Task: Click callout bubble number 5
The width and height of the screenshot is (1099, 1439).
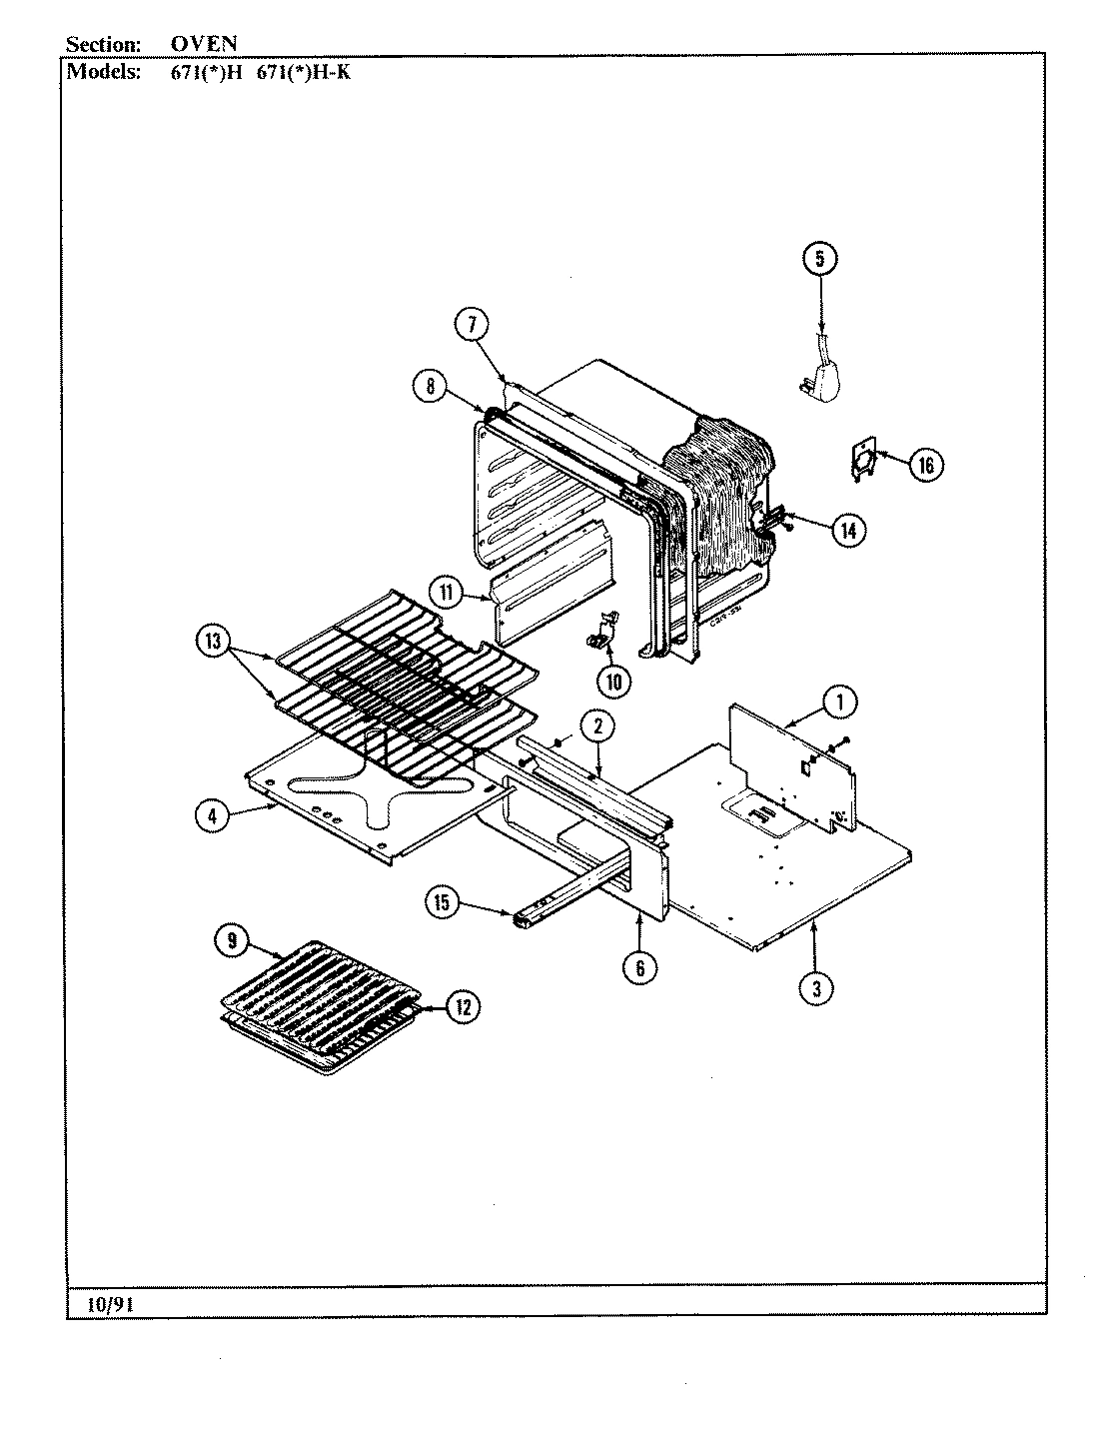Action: coord(819,259)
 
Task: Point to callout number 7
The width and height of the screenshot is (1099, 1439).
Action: coord(472,324)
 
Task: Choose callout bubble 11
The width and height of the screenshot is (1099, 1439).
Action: coord(446,594)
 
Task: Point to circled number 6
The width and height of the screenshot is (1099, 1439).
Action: coord(639,966)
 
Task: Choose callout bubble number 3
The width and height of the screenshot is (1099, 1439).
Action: coord(816,988)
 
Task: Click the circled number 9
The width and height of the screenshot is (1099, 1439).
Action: coord(232,939)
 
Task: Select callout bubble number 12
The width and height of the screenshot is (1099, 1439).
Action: coord(462,1007)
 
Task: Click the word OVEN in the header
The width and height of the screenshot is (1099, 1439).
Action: coord(204,44)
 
